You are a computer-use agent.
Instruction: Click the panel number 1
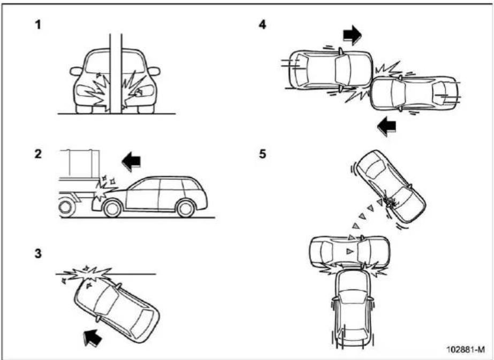click(x=38, y=25)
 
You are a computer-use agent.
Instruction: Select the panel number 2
click(x=38, y=154)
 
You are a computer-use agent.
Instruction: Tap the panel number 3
click(x=38, y=253)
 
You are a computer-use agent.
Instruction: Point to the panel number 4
click(x=262, y=25)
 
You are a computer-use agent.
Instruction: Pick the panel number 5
click(x=262, y=154)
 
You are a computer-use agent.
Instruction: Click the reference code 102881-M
click(x=466, y=349)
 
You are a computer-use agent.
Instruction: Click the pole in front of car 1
click(x=116, y=73)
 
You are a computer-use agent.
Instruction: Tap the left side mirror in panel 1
click(x=76, y=72)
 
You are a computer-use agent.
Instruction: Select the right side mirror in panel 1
click(x=154, y=72)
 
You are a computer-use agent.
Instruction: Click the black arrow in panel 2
click(x=131, y=161)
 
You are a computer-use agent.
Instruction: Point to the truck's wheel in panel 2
click(x=66, y=207)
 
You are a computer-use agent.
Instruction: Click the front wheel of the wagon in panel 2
click(x=112, y=208)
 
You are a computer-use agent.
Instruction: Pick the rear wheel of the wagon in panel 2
click(x=186, y=208)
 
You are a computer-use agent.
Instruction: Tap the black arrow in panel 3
click(x=93, y=338)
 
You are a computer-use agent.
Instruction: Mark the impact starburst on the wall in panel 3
click(x=87, y=274)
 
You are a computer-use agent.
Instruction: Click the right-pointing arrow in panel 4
click(x=353, y=35)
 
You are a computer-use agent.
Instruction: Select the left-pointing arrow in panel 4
click(x=386, y=126)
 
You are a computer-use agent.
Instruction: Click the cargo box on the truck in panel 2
click(x=80, y=164)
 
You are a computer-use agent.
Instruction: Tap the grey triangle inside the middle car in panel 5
click(x=349, y=251)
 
